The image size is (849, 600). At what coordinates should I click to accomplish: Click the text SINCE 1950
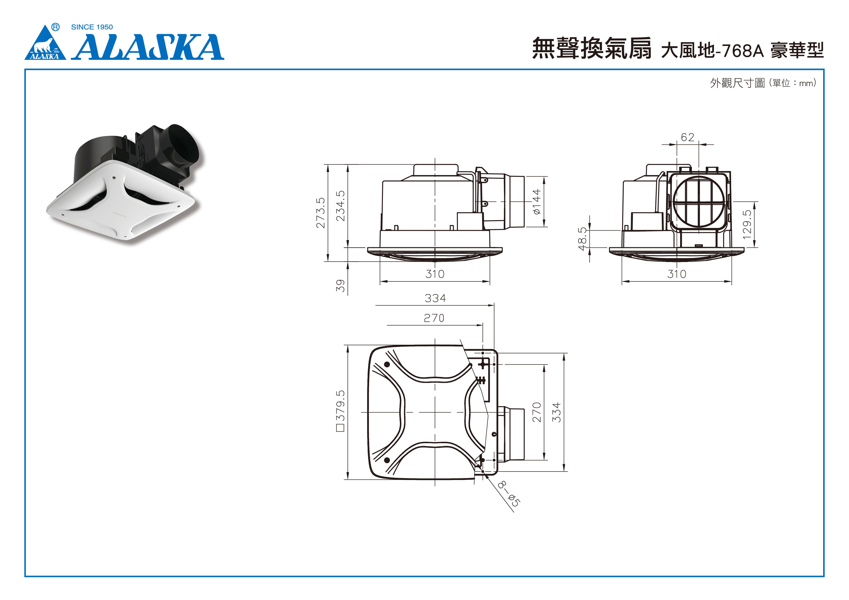point(92,27)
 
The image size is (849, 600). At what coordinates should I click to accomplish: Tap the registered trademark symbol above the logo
point(55,27)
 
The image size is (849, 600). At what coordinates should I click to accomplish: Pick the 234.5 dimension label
point(340,206)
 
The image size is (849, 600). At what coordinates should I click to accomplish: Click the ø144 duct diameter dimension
point(537,202)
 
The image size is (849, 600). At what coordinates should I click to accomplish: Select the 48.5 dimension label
point(582,239)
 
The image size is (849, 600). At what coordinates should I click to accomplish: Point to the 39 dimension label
point(340,285)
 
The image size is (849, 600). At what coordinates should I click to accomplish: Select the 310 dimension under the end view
point(677,274)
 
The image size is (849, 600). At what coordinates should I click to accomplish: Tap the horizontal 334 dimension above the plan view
point(435,298)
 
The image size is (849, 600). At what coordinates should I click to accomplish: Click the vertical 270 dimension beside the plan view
point(537,412)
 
